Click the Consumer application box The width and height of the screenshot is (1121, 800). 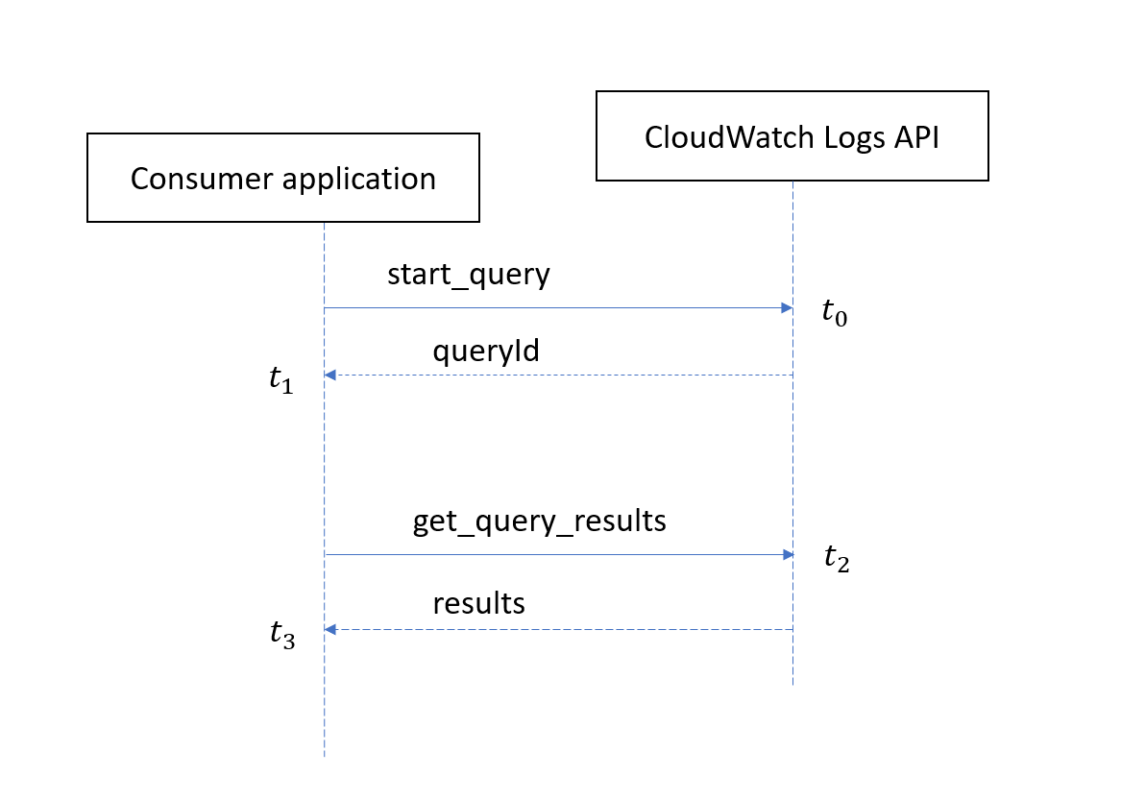pyautogui.click(x=283, y=179)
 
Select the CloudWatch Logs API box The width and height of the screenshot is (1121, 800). pyautogui.click(x=792, y=136)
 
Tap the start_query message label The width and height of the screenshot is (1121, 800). pyautogui.click(x=469, y=275)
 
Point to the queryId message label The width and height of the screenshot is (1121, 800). pyautogui.click(x=485, y=351)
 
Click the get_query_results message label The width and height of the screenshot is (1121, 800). pyautogui.click(x=540, y=521)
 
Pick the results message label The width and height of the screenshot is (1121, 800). pyautogui.click(x=478, y=603)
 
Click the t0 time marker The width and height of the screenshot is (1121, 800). pyautogui.click(x=834, y=312)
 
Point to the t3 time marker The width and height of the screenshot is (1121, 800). pyautogui.click(x=281, y=635)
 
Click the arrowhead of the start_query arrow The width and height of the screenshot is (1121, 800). pyautogui.click(x=787, y=308)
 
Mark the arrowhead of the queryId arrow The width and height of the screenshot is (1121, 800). pyautogui.click(x=330, y=375)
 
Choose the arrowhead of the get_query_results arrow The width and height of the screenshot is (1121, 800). pyautogui.click(x=787, y=554)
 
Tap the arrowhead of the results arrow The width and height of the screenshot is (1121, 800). pyautogui.click(x=330, y=629)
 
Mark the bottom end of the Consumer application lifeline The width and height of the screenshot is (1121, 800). pyautogui.click(x=325, y=755)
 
